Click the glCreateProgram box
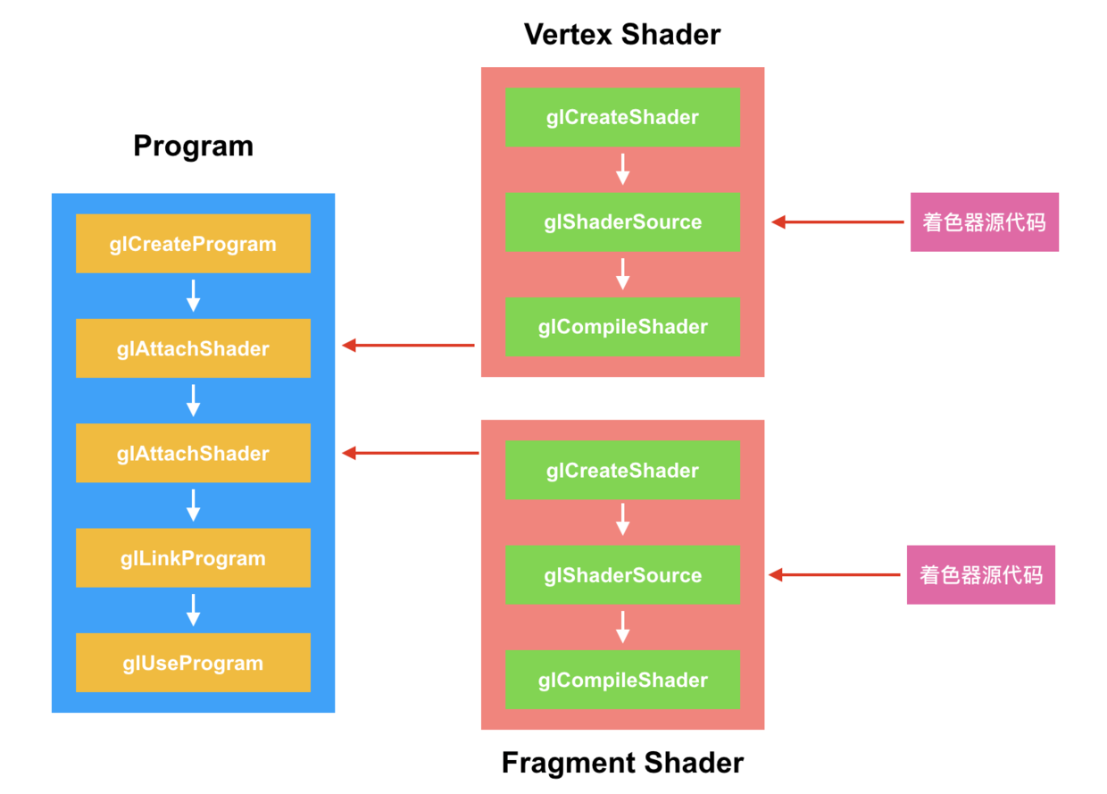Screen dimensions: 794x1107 coord(193,244)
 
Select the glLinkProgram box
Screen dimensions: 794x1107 coord(193,558)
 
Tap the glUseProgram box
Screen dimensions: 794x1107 coord(193,663)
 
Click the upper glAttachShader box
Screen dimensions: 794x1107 coord(193,348)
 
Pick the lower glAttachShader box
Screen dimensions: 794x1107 coord(193,454)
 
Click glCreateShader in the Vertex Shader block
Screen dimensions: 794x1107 coord(622,117)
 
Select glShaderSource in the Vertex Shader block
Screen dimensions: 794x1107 coord(622,221)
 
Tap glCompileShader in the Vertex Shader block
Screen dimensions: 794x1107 coord(622,327)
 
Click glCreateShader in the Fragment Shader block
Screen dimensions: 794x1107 coord(622,470)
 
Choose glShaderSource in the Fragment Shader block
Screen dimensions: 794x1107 coord(622,575)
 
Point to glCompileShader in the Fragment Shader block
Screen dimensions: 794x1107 coord(622,680)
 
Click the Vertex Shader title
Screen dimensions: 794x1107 coord(622,34)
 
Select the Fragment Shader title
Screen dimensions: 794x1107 coord(622,763)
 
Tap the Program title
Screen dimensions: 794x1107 coord(193,146)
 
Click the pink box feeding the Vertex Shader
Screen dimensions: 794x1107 coord(984,221)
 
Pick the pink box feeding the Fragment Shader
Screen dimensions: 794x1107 coord(980,575)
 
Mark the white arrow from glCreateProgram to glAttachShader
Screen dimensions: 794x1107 coord(193,296)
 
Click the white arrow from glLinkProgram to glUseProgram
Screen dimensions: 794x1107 coord(193,610)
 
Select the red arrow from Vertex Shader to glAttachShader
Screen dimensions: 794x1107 coord(409,346)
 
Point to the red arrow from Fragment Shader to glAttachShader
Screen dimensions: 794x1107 coord(411,454)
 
